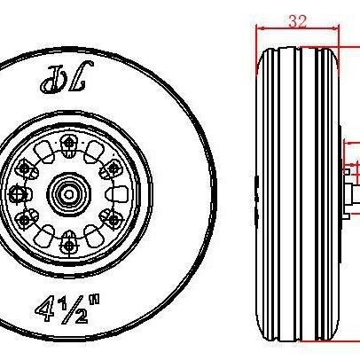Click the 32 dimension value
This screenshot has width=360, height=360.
298,21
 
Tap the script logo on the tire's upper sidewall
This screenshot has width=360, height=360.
67,77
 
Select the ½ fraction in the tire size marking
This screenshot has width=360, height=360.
74,310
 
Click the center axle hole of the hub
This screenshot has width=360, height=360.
69,194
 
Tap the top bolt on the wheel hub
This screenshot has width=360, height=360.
69,143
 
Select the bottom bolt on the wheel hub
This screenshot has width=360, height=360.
69,245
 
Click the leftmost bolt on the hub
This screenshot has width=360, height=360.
17,194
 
